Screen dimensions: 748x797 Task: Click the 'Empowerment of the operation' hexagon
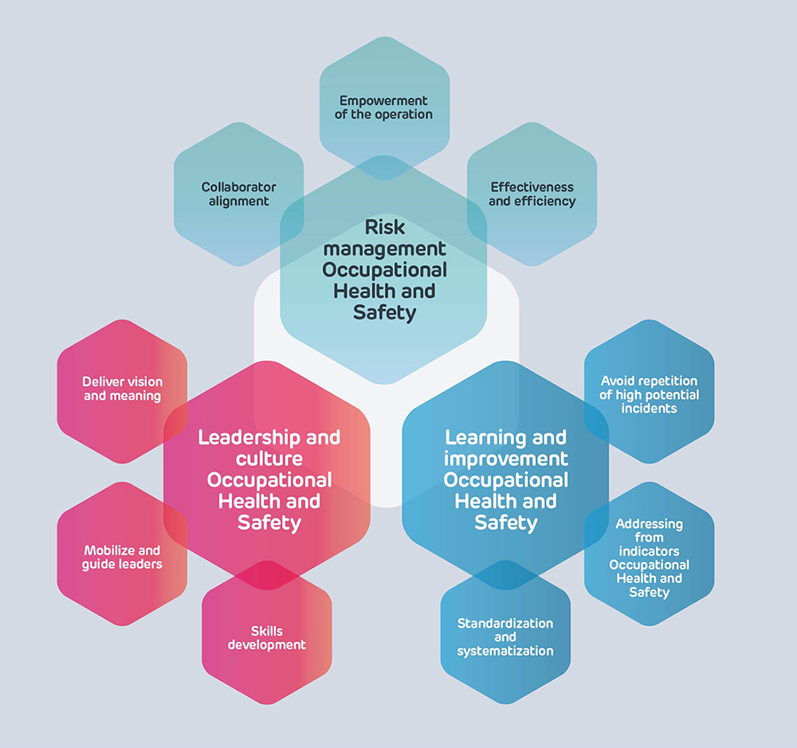click(385, 108)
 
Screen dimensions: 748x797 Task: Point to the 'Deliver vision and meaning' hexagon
click(121, 389)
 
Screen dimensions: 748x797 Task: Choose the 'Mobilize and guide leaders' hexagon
click(121, 557)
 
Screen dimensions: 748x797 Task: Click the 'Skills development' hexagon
click(266, 638)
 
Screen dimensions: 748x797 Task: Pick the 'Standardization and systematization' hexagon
click(505, 637)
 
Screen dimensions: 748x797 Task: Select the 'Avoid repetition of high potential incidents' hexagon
click(650, 394)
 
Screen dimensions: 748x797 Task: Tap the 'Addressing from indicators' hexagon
click(650, 558)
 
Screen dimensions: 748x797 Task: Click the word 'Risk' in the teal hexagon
click(385, 228)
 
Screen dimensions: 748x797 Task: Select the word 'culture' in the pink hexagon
click(269, 459)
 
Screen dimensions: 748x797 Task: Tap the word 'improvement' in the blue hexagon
click(506, 459)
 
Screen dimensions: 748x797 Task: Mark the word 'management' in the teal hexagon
click(385, 249)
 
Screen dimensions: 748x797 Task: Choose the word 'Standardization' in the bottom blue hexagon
click(505, 623)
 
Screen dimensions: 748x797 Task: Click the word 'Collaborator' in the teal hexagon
click(238, 187)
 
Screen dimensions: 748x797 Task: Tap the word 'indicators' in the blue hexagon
click(650, 551)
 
